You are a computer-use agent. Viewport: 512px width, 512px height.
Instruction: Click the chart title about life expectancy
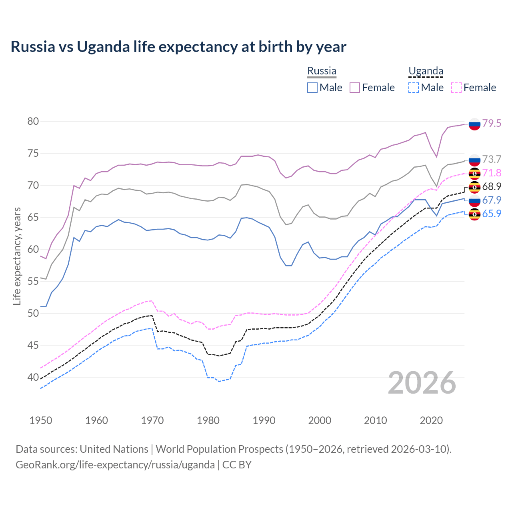[x=178, y=47]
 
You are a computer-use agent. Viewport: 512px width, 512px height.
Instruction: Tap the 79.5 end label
[x=492, y=123]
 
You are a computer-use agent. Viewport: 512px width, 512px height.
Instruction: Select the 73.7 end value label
[x=492, y=159]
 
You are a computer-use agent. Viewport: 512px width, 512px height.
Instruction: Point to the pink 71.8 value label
[x=492, y=173]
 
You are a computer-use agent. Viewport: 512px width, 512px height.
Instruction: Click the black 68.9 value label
[x=492, y=186]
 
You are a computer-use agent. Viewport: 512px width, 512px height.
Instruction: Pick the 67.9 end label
[x=492, y=200]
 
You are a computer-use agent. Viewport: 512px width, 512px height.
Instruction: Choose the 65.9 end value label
[x=492, y=214]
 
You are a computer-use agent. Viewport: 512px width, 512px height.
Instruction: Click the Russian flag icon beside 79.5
[x=474, y=124]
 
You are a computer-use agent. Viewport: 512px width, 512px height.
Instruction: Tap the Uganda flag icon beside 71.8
[x=474, y=174]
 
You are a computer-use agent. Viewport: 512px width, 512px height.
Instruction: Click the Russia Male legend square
[x=312, y=88]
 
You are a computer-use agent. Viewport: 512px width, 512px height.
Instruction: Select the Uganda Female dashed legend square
[x=456, y=88]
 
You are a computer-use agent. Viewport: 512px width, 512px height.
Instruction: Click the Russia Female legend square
[x=355, y=88]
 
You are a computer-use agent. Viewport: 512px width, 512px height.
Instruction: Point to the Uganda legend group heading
[x=426, y=71]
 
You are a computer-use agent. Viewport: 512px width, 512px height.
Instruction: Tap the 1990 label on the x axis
[x=264, y=420]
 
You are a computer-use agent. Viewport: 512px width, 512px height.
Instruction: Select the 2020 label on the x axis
[x=431, y=420]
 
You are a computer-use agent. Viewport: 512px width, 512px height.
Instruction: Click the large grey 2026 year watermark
[x=422, y=383]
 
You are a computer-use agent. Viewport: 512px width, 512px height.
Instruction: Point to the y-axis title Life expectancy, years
[x=17, y=256]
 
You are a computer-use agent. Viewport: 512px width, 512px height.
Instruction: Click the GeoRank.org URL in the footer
[x=115, y=465]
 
